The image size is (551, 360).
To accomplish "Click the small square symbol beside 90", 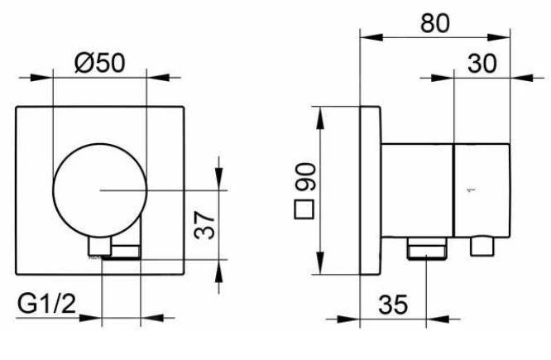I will tap(307, 209).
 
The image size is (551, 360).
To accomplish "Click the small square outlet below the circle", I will tap(99, 247).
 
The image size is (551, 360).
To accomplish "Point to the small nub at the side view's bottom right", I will tap(482, 246).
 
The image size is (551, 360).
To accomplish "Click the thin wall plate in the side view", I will tap(371, 191).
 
